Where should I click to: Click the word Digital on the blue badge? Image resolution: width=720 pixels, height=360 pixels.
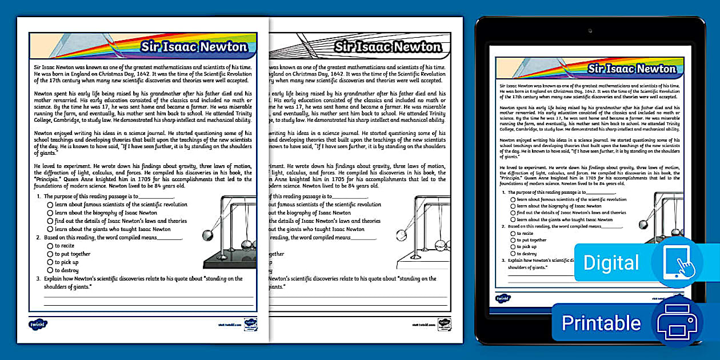(611, 262)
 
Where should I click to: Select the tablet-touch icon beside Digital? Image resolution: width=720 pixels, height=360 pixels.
(677, 262)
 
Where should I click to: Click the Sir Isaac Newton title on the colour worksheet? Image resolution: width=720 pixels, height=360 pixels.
(194, 47)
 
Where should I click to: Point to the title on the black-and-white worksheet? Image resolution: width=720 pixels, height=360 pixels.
(388, 47)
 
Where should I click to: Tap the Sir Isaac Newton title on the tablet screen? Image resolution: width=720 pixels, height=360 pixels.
(632, 69)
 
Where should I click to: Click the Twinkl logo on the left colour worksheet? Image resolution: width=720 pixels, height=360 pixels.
(38, 324)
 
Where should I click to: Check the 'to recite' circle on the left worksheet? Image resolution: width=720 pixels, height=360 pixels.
(50, 246)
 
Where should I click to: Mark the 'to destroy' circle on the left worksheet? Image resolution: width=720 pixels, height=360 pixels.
(50, 270)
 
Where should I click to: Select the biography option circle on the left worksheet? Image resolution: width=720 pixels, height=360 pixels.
(50, 213)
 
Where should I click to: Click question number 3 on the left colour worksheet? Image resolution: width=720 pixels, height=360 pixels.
(38, 279)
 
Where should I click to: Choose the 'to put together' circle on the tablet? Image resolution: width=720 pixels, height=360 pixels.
(513, 240)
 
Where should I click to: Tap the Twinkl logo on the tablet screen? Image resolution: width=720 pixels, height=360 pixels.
(503, 298)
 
